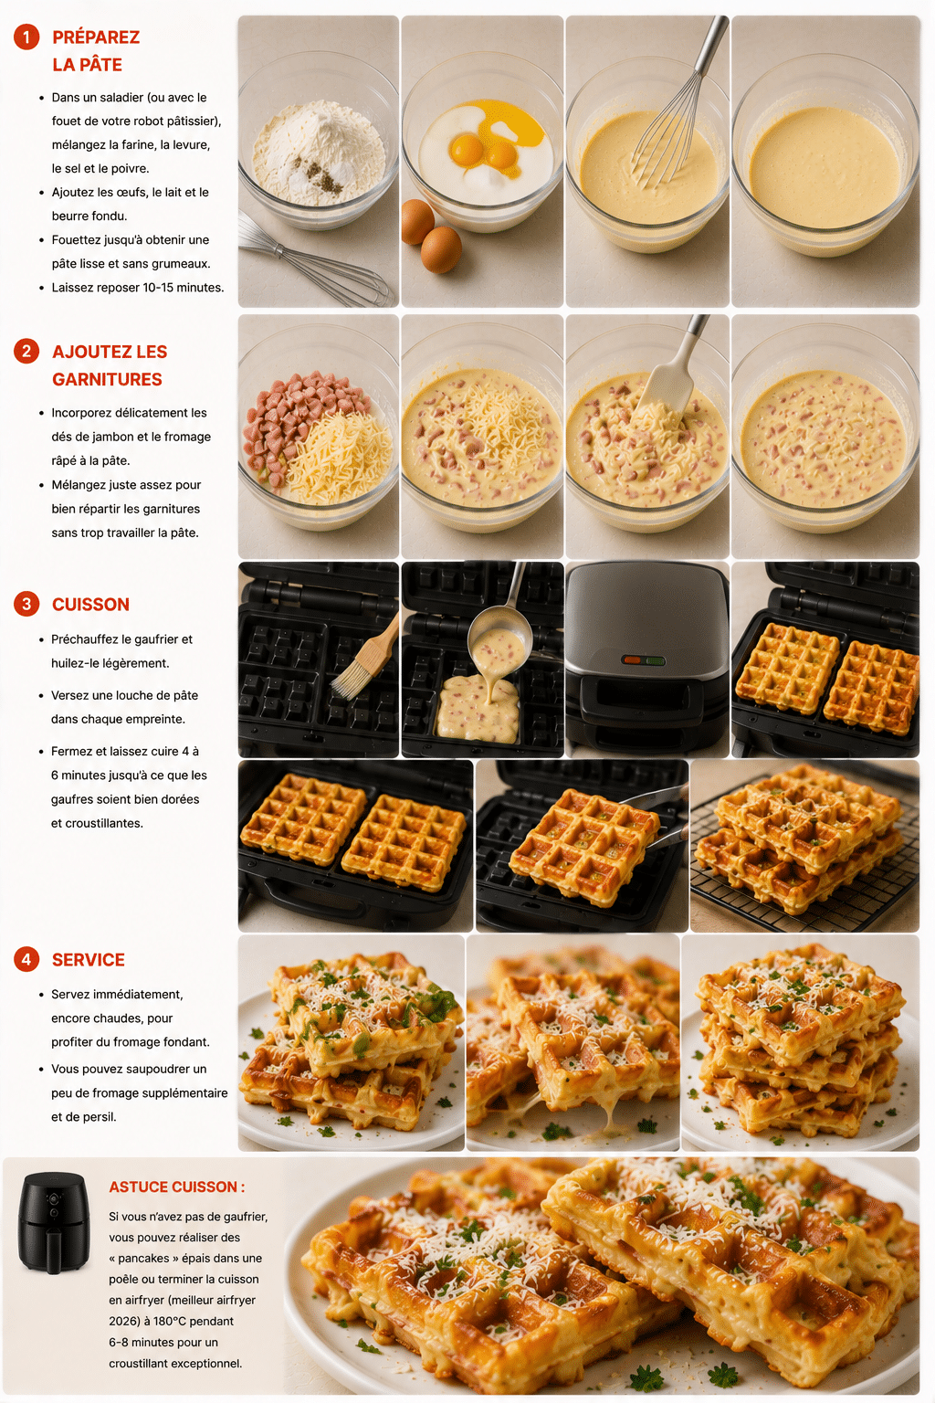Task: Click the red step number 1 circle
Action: (26, 37)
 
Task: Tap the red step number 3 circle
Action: (26, 604)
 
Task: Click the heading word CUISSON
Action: (90, 605)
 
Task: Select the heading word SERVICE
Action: (89, 960)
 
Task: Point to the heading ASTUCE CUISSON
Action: (176, 1187)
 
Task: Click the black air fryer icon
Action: (54, 1223)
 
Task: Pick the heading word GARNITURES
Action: (107, 380)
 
